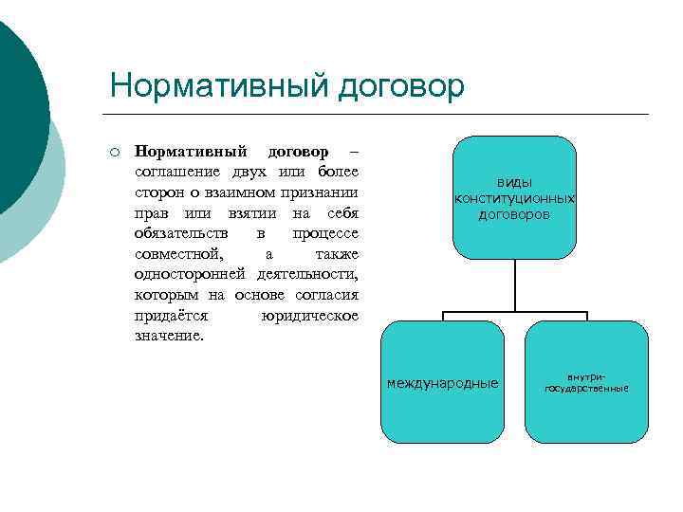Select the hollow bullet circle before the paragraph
tap(113, 152)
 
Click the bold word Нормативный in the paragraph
tap(191, 152)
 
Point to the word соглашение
tap(182, 172)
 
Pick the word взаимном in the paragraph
tap(239, 191)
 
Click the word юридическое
tap(308, 315)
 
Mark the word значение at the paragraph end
tap(169, 336)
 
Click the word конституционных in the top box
tap(514, 198)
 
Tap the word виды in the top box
tap(514, 182)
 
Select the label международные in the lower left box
tap(442, 383)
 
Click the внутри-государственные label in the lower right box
tap(586, 382)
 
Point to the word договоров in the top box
tap(514, 214)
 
